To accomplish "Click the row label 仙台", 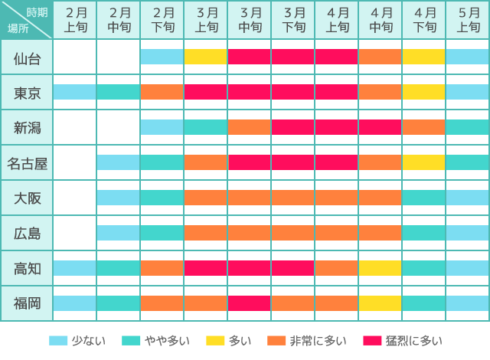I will (27, 57).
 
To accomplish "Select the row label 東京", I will (27, 93).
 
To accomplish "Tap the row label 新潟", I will (27, 127).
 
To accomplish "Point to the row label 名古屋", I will (27, 162).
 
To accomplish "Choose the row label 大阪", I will (27, 198).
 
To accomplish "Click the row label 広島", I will (27, 233).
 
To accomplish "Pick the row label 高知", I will (27, 268).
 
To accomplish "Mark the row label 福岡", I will (27, 303).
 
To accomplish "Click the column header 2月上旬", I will (75, 19).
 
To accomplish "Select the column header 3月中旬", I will (250, 19).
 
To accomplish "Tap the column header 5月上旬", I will (468, 19).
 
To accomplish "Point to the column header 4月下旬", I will (424, 19).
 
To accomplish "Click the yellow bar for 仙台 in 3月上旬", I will (206, 57).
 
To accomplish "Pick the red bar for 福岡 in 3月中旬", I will (250, 303).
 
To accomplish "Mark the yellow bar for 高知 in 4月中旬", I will (381, 268).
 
